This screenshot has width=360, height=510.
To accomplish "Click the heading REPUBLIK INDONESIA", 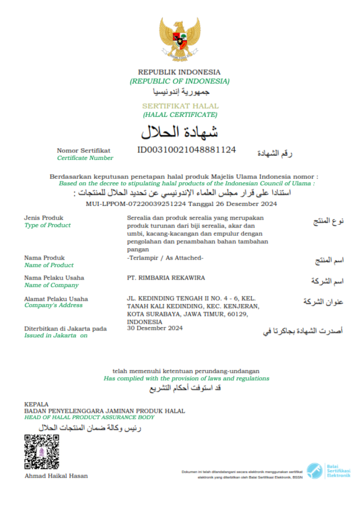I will coord(179,72).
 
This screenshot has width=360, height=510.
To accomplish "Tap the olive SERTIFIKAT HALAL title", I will coord(180,106).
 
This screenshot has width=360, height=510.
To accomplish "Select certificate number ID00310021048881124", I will coord(186,150).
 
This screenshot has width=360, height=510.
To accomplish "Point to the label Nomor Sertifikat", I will coord(83,151).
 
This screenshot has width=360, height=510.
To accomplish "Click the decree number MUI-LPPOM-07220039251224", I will coord(136,204).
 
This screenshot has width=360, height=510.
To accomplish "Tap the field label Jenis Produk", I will coord(44,218).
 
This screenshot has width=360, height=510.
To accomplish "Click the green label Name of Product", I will coord(49,265).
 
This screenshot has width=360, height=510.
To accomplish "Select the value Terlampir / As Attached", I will coord(165,258).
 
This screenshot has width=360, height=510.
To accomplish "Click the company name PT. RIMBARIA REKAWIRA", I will coord(166,278).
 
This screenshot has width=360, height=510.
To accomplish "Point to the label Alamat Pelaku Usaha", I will coord(56,298).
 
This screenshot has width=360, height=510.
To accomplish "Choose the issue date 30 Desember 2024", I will coord(155,328).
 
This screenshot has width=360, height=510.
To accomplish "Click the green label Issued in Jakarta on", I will coord(56,335).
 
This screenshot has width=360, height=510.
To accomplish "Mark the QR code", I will coord(42,452).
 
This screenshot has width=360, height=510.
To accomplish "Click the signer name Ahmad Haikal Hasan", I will coord(56,476).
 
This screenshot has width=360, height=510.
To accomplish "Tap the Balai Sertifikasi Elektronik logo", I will coord(328,471).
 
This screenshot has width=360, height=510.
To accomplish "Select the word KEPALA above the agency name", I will coord(36,404).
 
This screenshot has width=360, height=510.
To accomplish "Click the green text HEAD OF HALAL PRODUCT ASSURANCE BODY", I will coord(89,417).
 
